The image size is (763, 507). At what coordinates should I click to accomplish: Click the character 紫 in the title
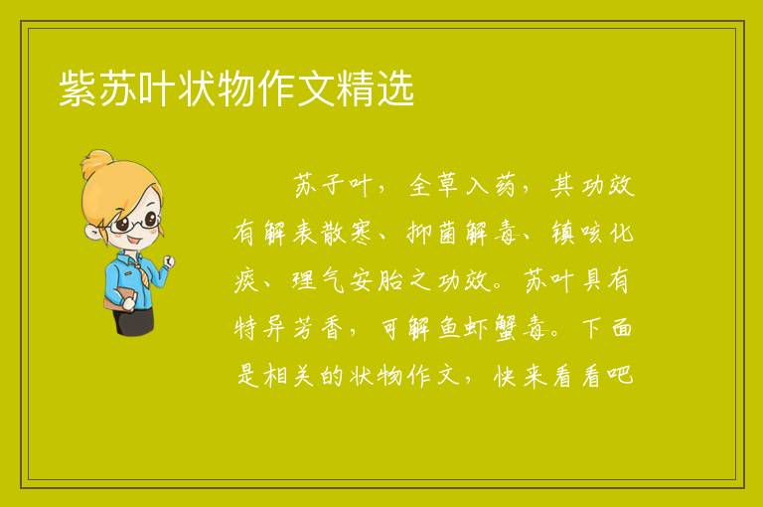[x=78, y=87]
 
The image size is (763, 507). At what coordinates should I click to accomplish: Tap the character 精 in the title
[x=356, y=87]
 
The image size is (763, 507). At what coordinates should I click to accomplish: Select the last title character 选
[x=395, y=87]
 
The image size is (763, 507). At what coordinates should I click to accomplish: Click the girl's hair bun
[x=96, y=163]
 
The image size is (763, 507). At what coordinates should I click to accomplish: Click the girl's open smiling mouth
[x=135, y=242]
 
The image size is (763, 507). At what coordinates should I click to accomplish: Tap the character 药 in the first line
[x=503, y=185]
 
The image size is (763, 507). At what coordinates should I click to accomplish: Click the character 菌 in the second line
[x=447, y=233]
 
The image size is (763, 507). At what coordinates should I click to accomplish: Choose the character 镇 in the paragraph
[x=563, y=233]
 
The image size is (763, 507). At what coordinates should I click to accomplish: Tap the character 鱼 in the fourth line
[x=449, y=327]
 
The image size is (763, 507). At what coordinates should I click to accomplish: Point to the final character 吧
[x=621, y=375]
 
